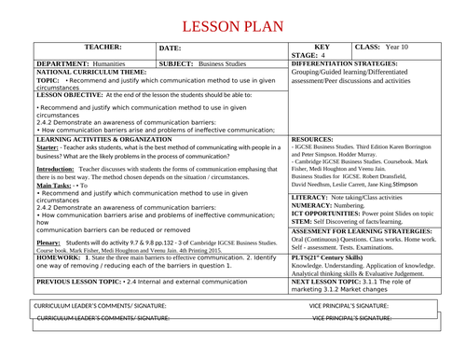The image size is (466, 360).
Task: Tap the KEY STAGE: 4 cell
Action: tap(322, 50)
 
